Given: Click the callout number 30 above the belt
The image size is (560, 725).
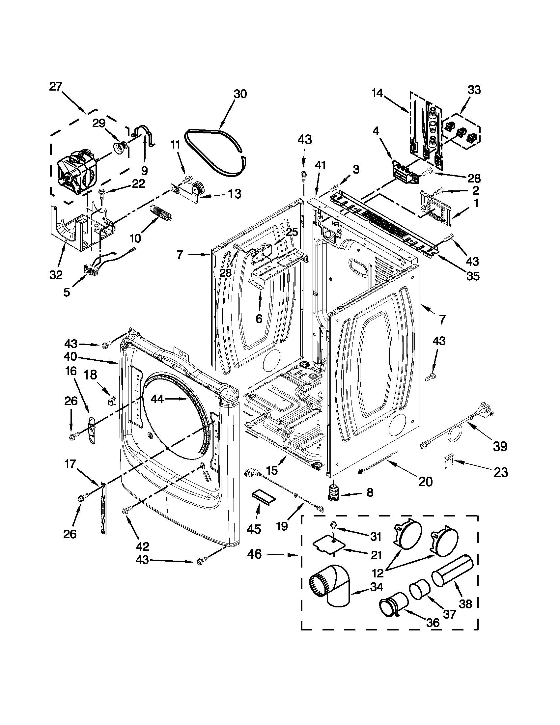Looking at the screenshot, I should tap(240, 94).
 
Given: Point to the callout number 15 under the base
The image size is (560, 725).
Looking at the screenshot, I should tap(271, 470).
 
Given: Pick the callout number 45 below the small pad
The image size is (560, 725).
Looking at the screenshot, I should tap(254, 529).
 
